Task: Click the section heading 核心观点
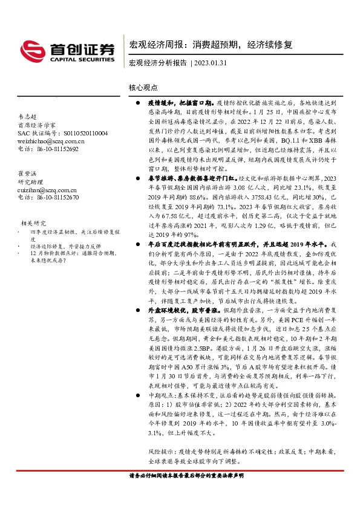click(142, 88)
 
